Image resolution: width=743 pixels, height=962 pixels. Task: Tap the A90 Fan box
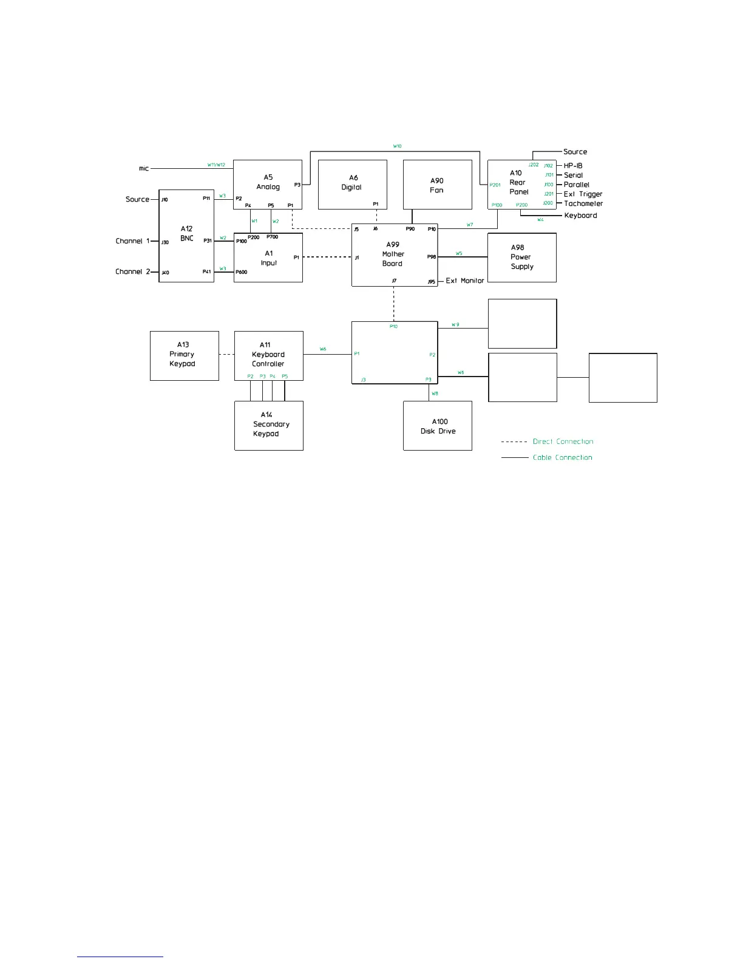[x=437, y=185]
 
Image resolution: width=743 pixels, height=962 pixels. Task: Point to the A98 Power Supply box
[x=521, y=258]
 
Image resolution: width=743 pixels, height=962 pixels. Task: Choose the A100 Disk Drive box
[x=438, y=426]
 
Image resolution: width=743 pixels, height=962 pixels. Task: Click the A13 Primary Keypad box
[x=184, y=355]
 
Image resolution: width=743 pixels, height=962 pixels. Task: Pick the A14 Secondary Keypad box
[x=268, y=425]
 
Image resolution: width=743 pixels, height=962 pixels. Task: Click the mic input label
[x=144, y=168]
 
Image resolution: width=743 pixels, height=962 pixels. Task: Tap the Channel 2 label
[x=132, y=271]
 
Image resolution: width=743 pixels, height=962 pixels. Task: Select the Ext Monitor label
[x=465, y=281]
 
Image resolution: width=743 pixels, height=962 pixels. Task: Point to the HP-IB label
[x=573, y=166]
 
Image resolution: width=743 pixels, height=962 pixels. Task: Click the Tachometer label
[x=583, y=203]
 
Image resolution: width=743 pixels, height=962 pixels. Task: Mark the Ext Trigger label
[x=583, y=194]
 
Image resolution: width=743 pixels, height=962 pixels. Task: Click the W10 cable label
[x=397, y=146]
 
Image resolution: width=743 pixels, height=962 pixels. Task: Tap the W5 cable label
[x=459, y=253]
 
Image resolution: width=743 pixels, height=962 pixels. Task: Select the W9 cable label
[x=455, y=325]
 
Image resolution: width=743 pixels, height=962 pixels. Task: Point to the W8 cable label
[x=435, y=394]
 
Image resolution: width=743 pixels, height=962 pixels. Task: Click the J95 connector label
[x=431, y=282]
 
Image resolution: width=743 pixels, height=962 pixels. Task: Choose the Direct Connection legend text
[x=563, y=442]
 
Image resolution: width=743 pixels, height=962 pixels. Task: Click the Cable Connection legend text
[x=562, y=457]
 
